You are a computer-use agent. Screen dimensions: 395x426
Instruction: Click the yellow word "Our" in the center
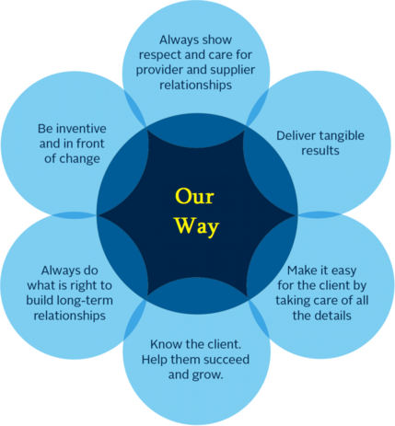(x=194, y=196)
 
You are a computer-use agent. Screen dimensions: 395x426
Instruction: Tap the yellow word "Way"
(x=197, y=226)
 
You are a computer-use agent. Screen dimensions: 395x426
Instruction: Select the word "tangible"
(x=342, y=136)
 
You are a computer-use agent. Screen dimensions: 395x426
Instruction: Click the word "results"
(x=320, y=151)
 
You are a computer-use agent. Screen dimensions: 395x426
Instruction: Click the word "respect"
(x=157, y=55)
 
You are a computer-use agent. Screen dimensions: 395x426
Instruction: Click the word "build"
(x=41, y=300)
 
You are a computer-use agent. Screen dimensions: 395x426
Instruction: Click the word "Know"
(x=163, y=344)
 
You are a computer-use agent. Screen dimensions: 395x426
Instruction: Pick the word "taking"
(x=289, y=301)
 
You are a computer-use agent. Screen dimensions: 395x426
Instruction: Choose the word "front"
(x=90, y=144)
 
